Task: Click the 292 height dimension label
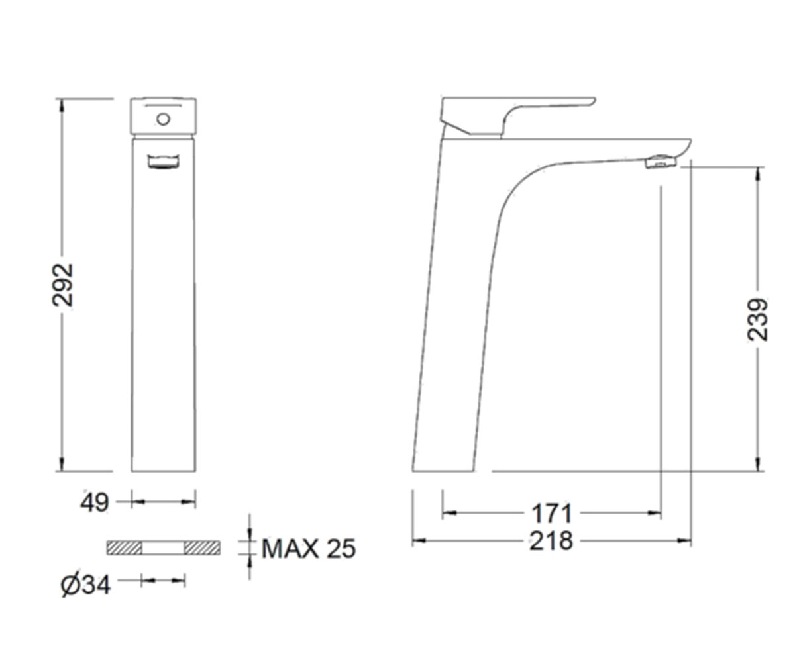(62, 285)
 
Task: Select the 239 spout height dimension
(757, 319)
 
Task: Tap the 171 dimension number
(552, 513)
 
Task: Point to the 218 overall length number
(551, 541)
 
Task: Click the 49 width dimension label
(95, 502)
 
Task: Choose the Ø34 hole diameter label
(85, 585)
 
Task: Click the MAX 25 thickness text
(309, 548)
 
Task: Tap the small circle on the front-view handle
(164, 119)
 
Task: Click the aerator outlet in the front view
(164, 161)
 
